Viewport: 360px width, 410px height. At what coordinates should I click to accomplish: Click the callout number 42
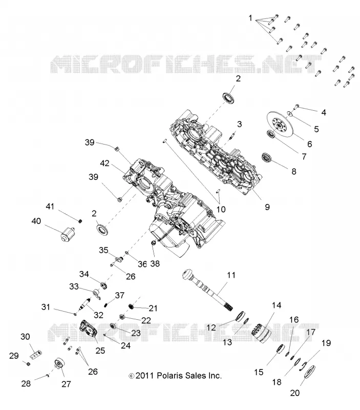click(x=104, y=163)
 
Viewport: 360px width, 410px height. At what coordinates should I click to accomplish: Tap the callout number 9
click(x=267, y=207)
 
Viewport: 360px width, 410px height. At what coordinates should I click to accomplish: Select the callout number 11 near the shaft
click(x=231, y=275)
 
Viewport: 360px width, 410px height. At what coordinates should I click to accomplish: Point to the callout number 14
click(x=277, y=305)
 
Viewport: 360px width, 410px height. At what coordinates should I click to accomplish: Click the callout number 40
click(x=36, y=221)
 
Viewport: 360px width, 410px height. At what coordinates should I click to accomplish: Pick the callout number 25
click(x=100, y=351)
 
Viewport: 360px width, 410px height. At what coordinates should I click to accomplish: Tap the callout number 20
click(x=294, y=393)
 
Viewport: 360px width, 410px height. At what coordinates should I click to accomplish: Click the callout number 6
click(x=310, y=144)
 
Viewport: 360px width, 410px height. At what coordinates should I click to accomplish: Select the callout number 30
click(x=25, y=337)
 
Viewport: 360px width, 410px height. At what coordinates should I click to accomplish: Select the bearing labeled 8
click(x=267, y=158)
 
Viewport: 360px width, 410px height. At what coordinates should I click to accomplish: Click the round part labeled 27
click(x=59, y=362)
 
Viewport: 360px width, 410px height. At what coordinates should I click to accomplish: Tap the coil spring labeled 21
click(x=132, y=306)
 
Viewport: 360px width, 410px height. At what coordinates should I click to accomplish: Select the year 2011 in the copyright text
click(x=145, y=376)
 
